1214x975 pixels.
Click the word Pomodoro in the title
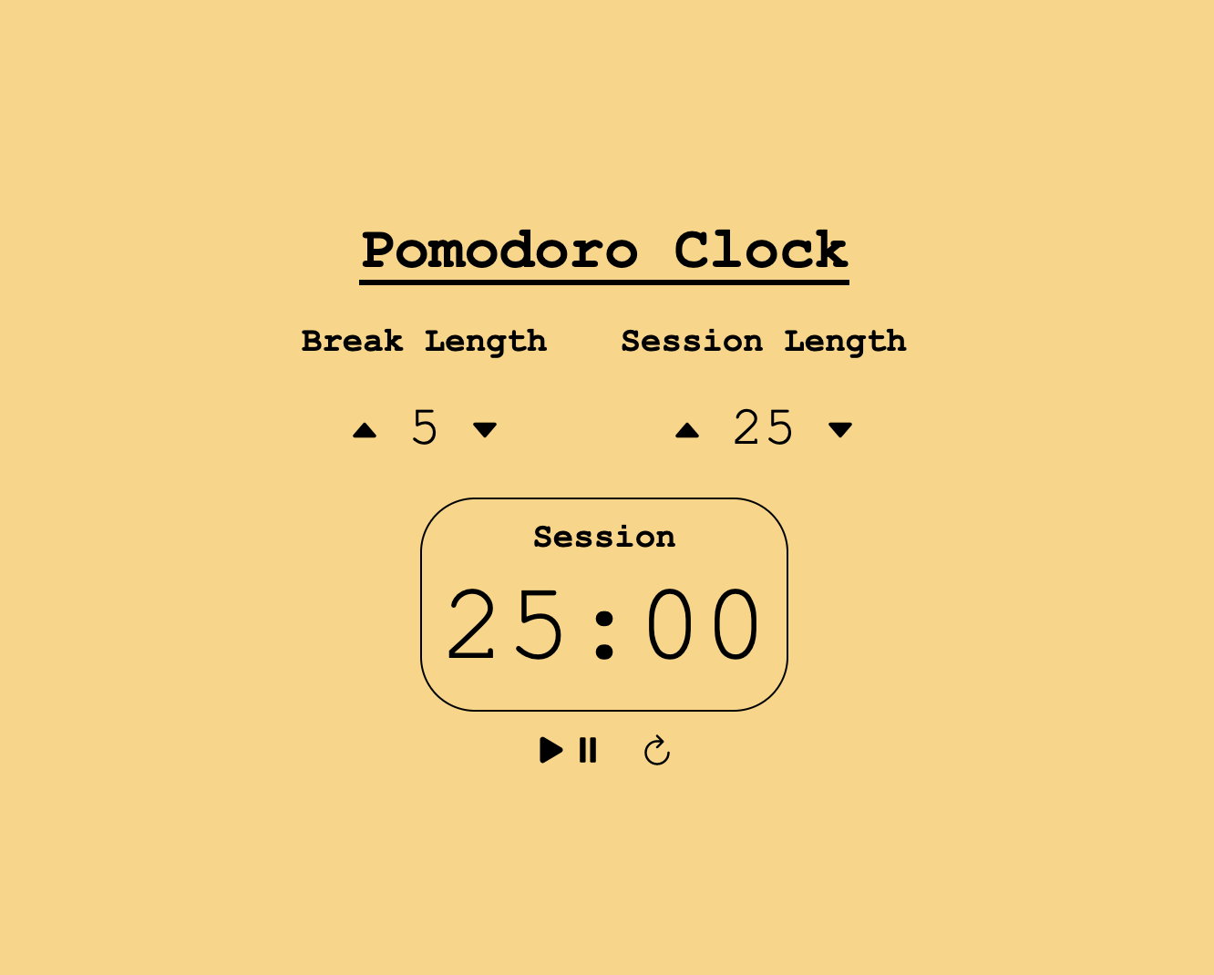(499, 250)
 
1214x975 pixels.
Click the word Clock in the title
(761, 250)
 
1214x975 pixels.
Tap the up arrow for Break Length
(365, 430)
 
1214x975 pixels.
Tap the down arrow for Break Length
(485, 430)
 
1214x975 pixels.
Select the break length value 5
(425, 428)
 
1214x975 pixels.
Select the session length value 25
(764, 428)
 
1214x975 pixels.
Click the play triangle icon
(550, 750)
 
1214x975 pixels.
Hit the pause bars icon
(588, 750)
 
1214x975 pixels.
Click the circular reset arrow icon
(657, 751)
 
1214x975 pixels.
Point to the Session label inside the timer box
(604, 537)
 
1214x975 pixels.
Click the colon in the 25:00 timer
(604, 626)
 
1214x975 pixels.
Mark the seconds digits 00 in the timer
(703, 626)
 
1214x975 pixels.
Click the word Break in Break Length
(352, 341)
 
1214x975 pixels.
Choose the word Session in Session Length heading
(692, 341)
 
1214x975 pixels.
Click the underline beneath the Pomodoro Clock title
(604, 282)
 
